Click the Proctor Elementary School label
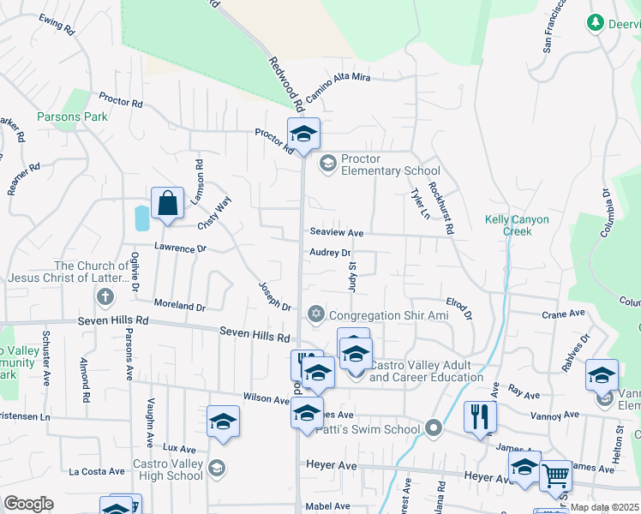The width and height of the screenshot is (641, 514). click(x=390, y=164)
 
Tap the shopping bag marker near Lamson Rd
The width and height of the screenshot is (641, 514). click(x=168, y=205)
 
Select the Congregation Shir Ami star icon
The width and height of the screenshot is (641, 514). click(x=316, y=314)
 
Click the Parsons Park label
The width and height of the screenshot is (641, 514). click(x=72, y=117)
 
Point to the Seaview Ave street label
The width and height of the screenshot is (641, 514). click(x=337, y=232)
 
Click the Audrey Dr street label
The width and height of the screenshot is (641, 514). click(x=331, y=253)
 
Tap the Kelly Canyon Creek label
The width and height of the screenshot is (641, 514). click(x=517, y=225)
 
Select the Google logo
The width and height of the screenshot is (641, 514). click(x=28, y=504)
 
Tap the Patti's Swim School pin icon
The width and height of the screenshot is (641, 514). click(x=434, y=428)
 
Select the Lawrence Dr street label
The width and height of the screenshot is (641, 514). click(x=180, y=248)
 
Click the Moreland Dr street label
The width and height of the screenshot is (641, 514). click(x=180, y=305)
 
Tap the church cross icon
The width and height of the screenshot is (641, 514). click(x=105, y=297)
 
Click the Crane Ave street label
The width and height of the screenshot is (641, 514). click(x=562, y=314)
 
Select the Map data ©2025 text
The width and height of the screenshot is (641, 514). click(x=604, y=507)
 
